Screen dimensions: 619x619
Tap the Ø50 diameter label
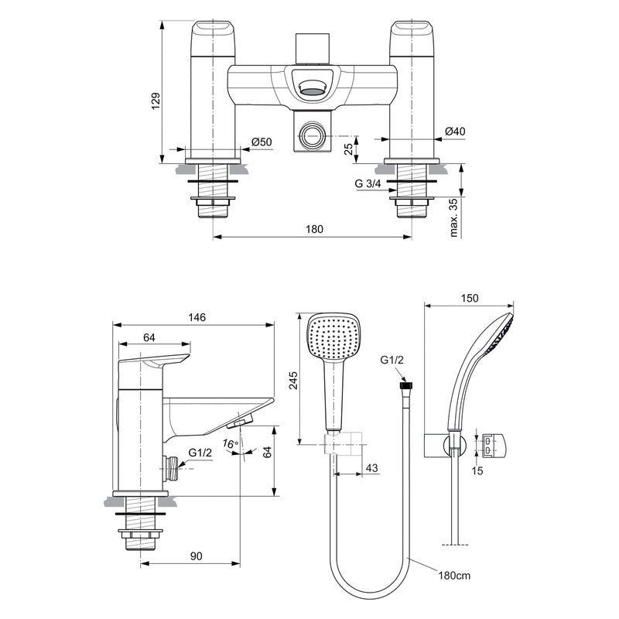262,142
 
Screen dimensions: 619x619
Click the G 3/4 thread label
370,184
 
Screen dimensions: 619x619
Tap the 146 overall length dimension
194,316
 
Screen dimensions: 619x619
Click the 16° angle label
230,444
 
